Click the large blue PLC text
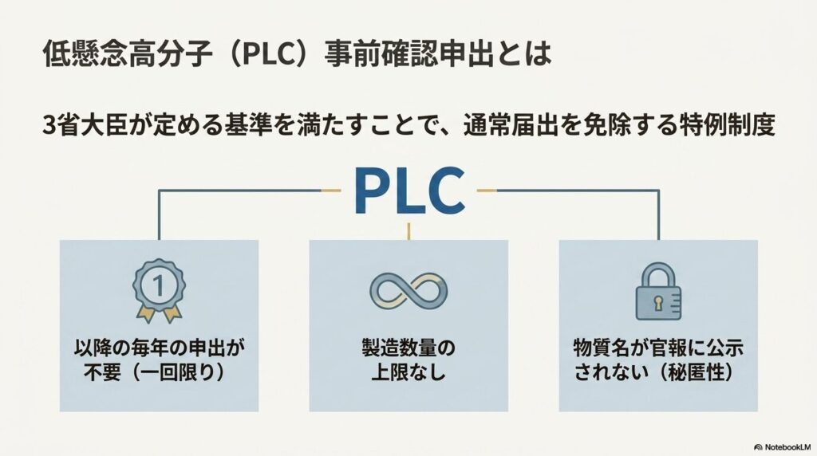tap(409, 191)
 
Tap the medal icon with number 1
tap(159, 290)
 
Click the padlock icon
tap(658, 291)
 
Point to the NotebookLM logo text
tap(783, 447)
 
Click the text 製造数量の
tap(408, 348)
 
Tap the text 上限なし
tap(408, 372)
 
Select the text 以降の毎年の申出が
tap(159, 348)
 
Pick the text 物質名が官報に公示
tap(658, 348)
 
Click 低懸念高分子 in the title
tap(127, 54)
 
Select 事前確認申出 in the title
tap(408, 54)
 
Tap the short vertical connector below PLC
tap(408, 231)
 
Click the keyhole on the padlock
tap(658, 302)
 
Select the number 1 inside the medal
tap(159, 285)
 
